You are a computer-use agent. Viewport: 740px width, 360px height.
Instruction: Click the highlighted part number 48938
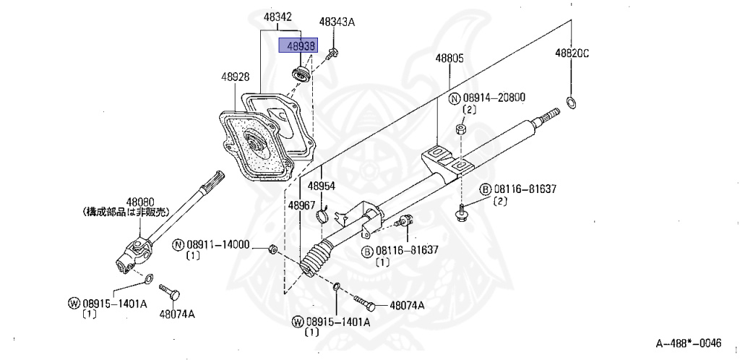coord(299,46)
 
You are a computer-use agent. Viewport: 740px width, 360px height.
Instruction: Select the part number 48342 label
coord(276,17)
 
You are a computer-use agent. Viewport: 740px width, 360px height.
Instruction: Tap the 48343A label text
coord(337,22)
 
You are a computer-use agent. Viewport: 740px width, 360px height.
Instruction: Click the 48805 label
coord(449,58)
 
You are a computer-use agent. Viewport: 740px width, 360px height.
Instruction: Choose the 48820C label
coord(572,53)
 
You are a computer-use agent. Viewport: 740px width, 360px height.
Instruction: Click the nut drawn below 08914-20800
coord(460,129)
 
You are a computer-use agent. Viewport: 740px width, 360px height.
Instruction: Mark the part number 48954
coord(322,186)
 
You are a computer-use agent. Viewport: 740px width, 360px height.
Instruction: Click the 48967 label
coord(301,205)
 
